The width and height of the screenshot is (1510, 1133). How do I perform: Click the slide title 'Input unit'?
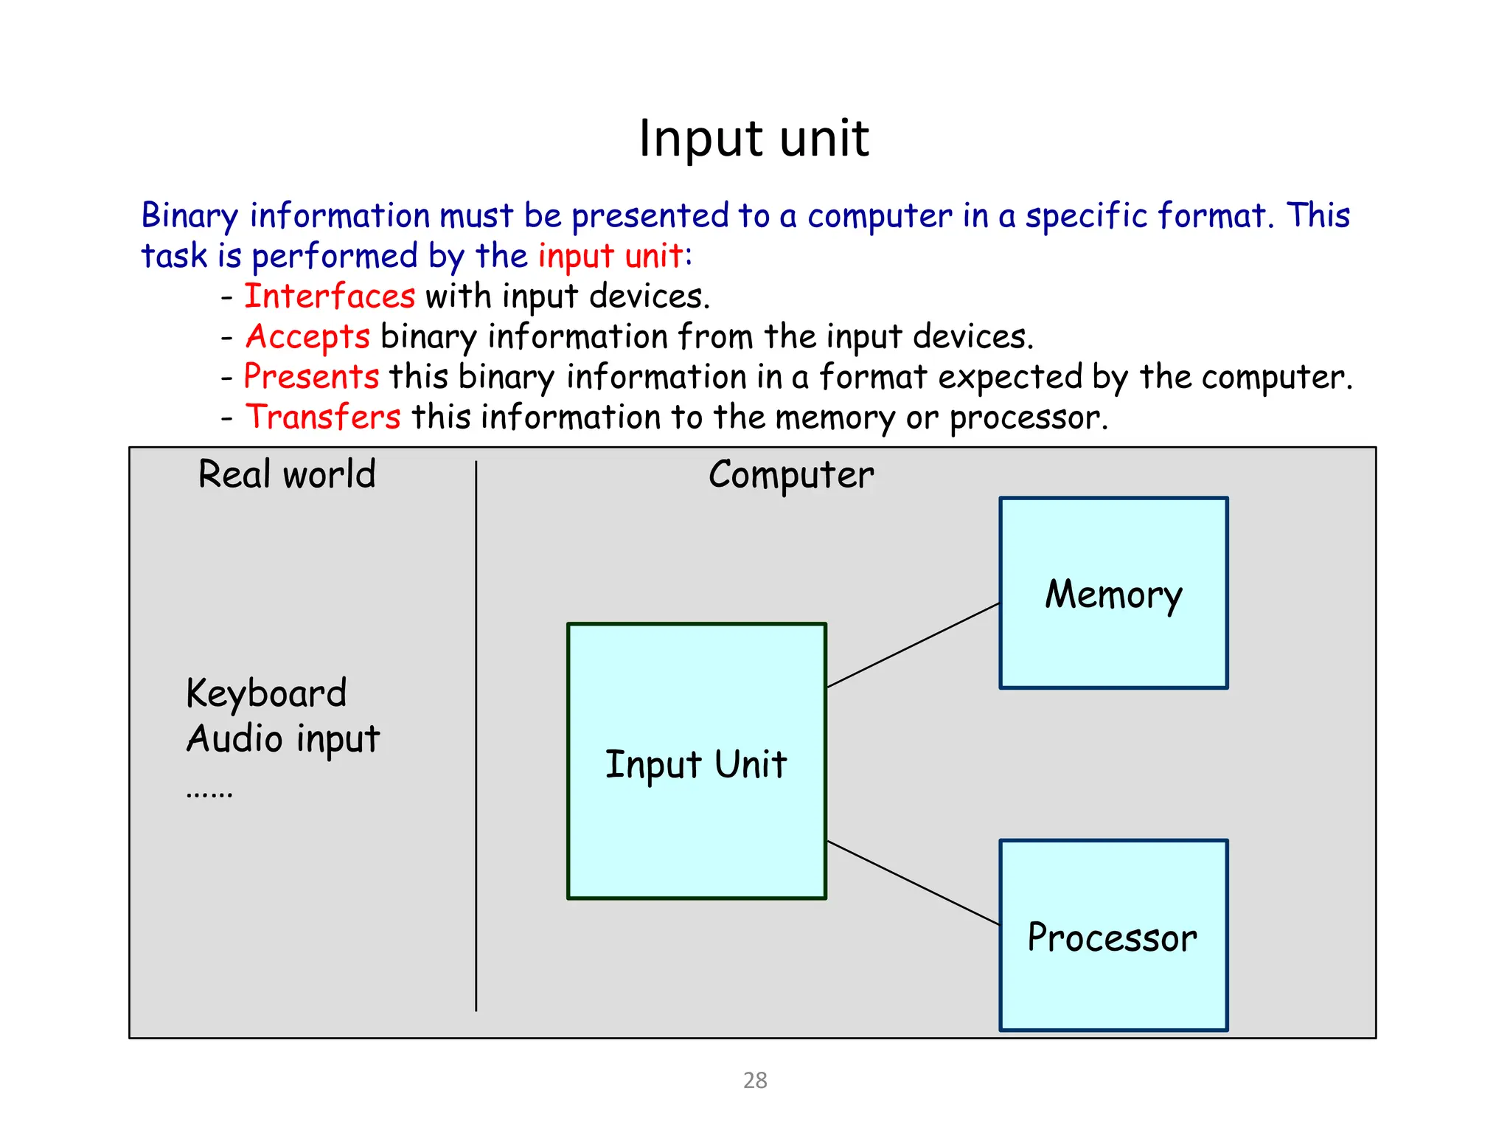[754, 139]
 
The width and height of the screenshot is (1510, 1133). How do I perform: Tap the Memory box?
[1113, 593]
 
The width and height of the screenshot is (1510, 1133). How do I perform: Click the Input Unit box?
[696, 761]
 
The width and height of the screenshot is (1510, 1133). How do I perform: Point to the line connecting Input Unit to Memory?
[913, 645]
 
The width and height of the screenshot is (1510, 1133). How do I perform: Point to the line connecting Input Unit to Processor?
[913, 882]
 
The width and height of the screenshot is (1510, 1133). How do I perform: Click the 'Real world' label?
[287, 474]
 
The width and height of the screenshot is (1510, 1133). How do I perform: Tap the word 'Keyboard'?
[266, 693]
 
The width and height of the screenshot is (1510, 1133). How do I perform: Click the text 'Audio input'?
[283, 739]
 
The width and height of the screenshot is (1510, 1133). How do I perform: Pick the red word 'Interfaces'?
[330, 297]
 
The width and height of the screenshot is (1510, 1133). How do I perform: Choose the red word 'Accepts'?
[307, 337]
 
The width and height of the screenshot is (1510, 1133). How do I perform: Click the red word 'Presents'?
[311, 377]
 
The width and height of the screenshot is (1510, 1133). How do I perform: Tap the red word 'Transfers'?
[323, 417]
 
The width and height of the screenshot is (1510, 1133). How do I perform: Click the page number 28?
[755, 1080]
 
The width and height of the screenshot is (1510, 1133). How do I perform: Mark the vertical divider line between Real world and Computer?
[476, 738]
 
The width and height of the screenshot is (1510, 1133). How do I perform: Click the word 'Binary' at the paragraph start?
[189, 216]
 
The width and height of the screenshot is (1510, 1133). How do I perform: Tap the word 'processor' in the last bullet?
[1028, 419]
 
